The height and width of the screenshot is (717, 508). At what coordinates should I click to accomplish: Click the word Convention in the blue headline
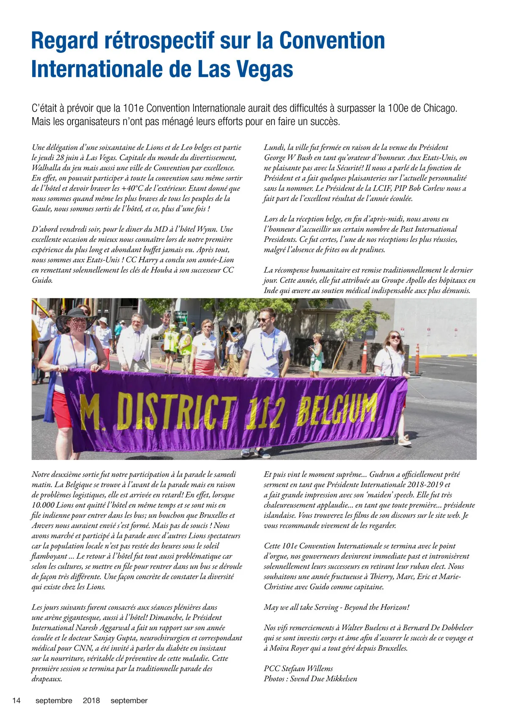click(331, 41)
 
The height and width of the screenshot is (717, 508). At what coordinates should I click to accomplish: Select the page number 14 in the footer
click(17, 701)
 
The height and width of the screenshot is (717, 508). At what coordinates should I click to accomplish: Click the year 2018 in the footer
click(91, 701)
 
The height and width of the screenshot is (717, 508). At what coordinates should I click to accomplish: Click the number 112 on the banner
click(265, 413)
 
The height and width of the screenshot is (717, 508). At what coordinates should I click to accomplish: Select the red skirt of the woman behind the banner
click(204, 366)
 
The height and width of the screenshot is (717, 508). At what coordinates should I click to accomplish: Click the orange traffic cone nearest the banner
click(364, 357)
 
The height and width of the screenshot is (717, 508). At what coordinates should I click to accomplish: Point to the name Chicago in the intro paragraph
click(439, 108)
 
